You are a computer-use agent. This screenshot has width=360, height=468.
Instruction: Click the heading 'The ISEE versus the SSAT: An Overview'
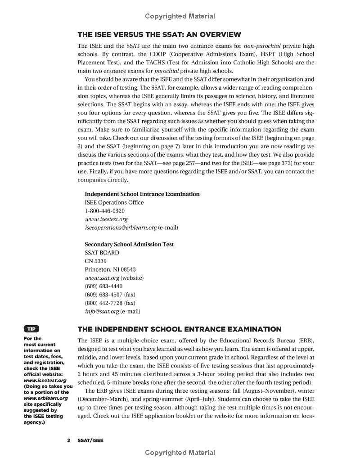coord(159,35)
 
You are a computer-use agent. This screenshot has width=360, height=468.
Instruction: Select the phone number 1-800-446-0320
coord(105,211)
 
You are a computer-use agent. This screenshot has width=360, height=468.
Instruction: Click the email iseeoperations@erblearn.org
coord(120,227)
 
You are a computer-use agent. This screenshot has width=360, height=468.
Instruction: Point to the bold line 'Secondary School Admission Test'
coord(129,244)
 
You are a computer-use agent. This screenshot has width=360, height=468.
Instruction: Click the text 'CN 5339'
coord(95,261)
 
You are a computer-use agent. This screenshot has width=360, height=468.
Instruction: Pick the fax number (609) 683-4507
coord(103,295)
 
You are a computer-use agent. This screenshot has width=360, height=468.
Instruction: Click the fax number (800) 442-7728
coord(103,303)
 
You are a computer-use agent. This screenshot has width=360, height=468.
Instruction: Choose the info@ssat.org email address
coord(102,311)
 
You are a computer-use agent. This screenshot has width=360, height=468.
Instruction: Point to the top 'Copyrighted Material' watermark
coord(180,16)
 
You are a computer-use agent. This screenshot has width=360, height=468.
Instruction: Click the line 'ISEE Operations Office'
coord(114,202)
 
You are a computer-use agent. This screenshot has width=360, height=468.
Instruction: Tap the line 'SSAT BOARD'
coord(102,253)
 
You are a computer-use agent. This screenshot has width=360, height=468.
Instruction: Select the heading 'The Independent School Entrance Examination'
coord(180,329)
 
